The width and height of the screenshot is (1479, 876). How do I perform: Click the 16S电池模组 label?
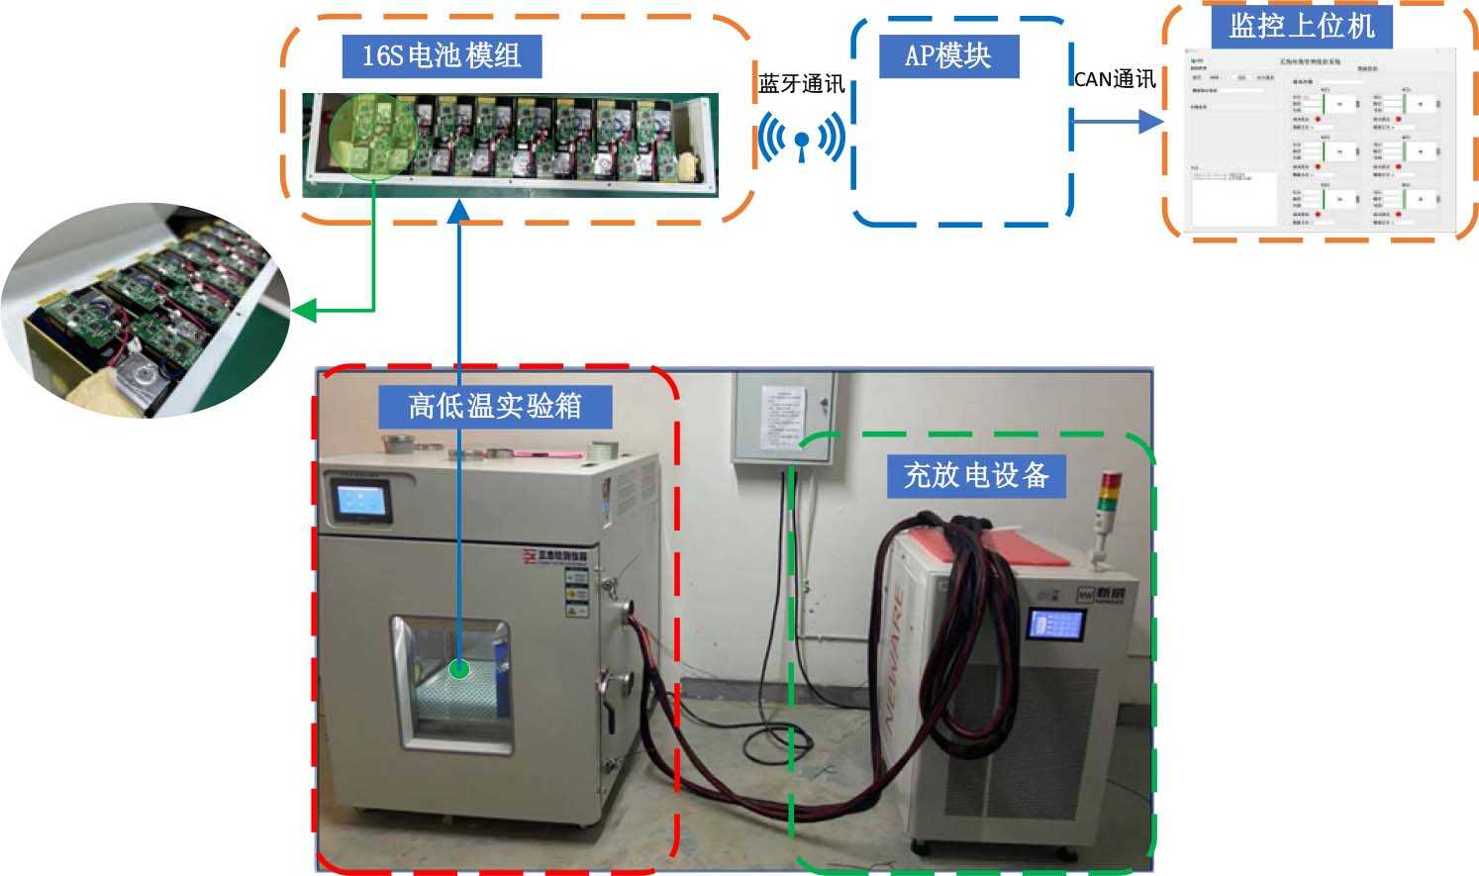[442, 55]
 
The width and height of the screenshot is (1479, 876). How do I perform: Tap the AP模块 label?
[948, 55]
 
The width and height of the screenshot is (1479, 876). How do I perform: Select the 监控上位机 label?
[1302, 25]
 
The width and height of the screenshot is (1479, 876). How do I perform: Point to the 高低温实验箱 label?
[495, 406]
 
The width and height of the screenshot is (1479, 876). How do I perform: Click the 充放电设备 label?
[976, 476]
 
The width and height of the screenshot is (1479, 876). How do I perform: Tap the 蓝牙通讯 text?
[801, 84]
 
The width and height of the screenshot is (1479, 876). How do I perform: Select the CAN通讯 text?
[1115, 79]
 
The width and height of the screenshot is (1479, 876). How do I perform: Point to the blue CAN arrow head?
[1150, 122]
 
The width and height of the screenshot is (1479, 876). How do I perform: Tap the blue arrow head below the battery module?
[459, 210]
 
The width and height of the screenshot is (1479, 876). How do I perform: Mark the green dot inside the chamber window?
[458, 669]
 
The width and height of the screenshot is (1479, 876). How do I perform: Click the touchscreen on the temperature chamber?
[358, 502]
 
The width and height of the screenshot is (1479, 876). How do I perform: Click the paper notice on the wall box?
[783, 417]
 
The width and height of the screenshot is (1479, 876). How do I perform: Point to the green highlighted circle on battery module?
[373, 139]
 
